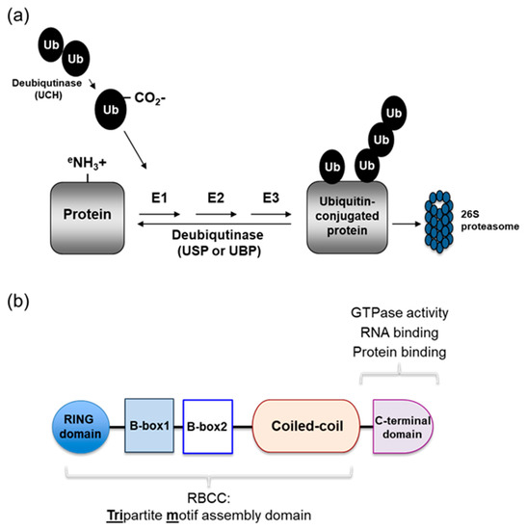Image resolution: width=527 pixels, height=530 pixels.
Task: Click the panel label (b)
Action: (21, 303)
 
